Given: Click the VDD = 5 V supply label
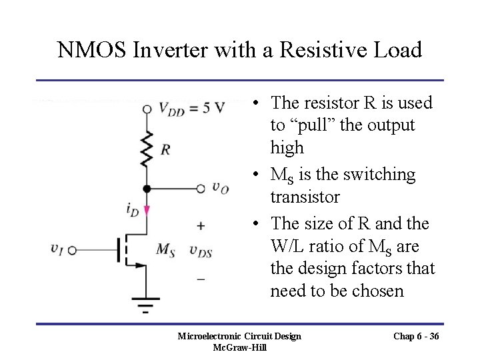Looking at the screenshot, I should (x=191, y=108).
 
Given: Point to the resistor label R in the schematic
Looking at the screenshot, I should (x=164, y=149).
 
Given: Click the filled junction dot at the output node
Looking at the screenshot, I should (x=147, y=189).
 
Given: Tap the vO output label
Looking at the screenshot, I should (x=221, y=187).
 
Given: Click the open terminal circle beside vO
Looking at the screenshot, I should (x=201, y=189).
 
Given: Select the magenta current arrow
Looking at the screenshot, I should (x=147, y=211).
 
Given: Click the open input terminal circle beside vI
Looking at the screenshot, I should (x=71, y=251).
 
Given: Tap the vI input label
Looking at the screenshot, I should (x=57, y=248).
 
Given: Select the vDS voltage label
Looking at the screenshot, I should (x=200, y=251).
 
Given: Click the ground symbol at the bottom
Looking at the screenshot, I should (x=146, y=304).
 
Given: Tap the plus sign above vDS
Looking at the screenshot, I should (x=201, y=227).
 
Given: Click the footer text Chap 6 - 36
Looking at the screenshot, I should (x=416, y=336).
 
